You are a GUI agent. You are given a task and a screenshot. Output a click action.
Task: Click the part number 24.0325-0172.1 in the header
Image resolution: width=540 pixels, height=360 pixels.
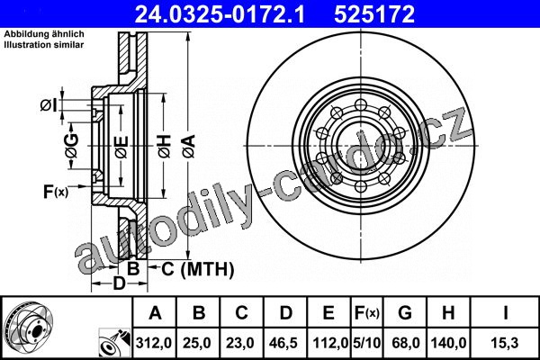tap(220, 14)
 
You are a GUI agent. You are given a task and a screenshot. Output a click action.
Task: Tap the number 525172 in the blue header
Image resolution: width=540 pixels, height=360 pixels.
tap(374, 14)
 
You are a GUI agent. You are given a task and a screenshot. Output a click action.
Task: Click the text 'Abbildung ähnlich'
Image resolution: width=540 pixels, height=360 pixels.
tap(44, 34)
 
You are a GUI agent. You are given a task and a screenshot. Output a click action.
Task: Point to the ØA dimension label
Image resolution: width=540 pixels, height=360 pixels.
tap(189, 146)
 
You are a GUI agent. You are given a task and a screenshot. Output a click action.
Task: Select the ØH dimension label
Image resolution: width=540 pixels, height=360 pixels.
tap(165, 146)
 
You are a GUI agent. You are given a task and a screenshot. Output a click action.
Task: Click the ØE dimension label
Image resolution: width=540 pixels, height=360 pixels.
tap(121, 147)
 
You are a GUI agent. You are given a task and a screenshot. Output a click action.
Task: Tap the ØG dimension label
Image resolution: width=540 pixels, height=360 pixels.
tap(72, 146)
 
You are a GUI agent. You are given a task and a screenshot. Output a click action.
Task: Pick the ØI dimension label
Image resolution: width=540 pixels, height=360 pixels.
tap(49, 105)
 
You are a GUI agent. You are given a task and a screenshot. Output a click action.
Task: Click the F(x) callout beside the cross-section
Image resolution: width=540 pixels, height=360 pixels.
tap(56, 192)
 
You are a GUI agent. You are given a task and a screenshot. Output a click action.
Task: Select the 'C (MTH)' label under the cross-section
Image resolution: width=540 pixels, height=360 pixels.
tap(198, 269)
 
